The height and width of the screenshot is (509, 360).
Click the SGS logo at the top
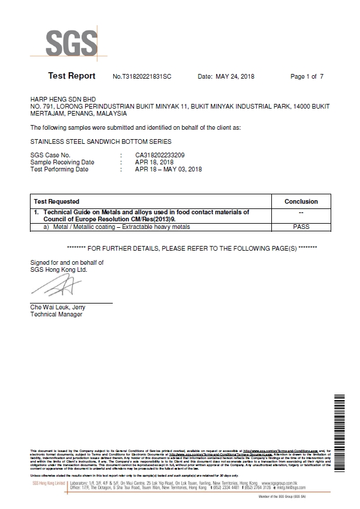pyautogui.click(x=72, y=42)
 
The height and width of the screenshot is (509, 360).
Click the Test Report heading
pyautogui.click(x=72, y=76)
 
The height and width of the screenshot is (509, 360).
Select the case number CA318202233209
pyautogui.click(x=160, y=156)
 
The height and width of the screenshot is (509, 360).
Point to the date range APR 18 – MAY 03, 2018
pyautogui.click(x=168, y=170)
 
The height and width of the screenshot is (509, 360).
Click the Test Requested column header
pyautogui.click(x=56, y=201)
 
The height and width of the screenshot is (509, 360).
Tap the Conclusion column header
pyautogui.click(x=301, y=201)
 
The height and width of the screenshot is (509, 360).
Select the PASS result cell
pyautogui.click(x=301, y=227)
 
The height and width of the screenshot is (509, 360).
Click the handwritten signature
pyautogui.click(x=53, y=288)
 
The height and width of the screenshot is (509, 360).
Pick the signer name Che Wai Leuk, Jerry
pyautogui.click(x=58, y=308)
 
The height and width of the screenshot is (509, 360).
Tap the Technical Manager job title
pyautogui.click(x=56, y=315)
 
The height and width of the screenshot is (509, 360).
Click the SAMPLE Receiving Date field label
pyautogui.click(x=62, y=163)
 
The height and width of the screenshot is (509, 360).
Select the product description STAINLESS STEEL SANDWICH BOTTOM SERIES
pyautogui.click(x=100, y=142)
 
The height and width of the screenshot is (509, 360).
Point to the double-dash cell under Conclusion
pyautogui.click(x=301, y=213)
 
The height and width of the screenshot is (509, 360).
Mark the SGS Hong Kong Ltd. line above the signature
pyautogui.click(x=59, y=269)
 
